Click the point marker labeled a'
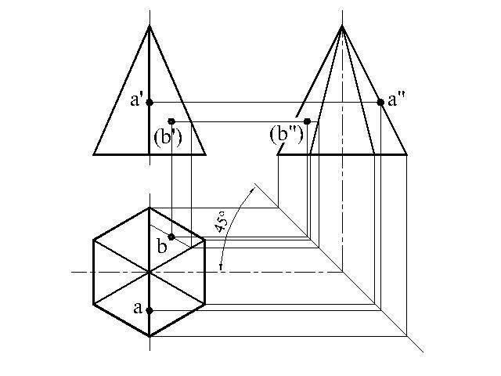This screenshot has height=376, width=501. [x=150, y=102]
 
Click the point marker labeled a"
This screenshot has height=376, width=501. [x=380, y=102]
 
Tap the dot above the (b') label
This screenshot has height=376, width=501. [x=171, y=121]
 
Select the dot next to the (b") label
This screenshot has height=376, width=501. [x=308, y=121]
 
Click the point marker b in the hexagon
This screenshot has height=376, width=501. [x=171, y=237]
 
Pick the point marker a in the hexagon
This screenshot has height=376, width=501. [x=150, y=310]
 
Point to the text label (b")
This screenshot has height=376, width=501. [x=287, y=134]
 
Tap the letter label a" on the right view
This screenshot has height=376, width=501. [x=396, y=99]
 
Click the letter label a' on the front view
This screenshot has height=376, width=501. [x=137, y=101]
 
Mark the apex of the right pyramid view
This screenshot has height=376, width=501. [x=342, y=26]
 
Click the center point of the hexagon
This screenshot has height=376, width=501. [x=150, y=272]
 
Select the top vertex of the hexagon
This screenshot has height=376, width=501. [x=150, y=208]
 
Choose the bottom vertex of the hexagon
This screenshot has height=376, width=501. [x=150, y=336]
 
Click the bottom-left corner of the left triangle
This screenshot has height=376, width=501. [x=94, y=154]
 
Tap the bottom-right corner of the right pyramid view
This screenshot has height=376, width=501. [x=407, y=154]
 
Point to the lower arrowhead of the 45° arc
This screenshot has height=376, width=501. [x=222, y=269]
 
